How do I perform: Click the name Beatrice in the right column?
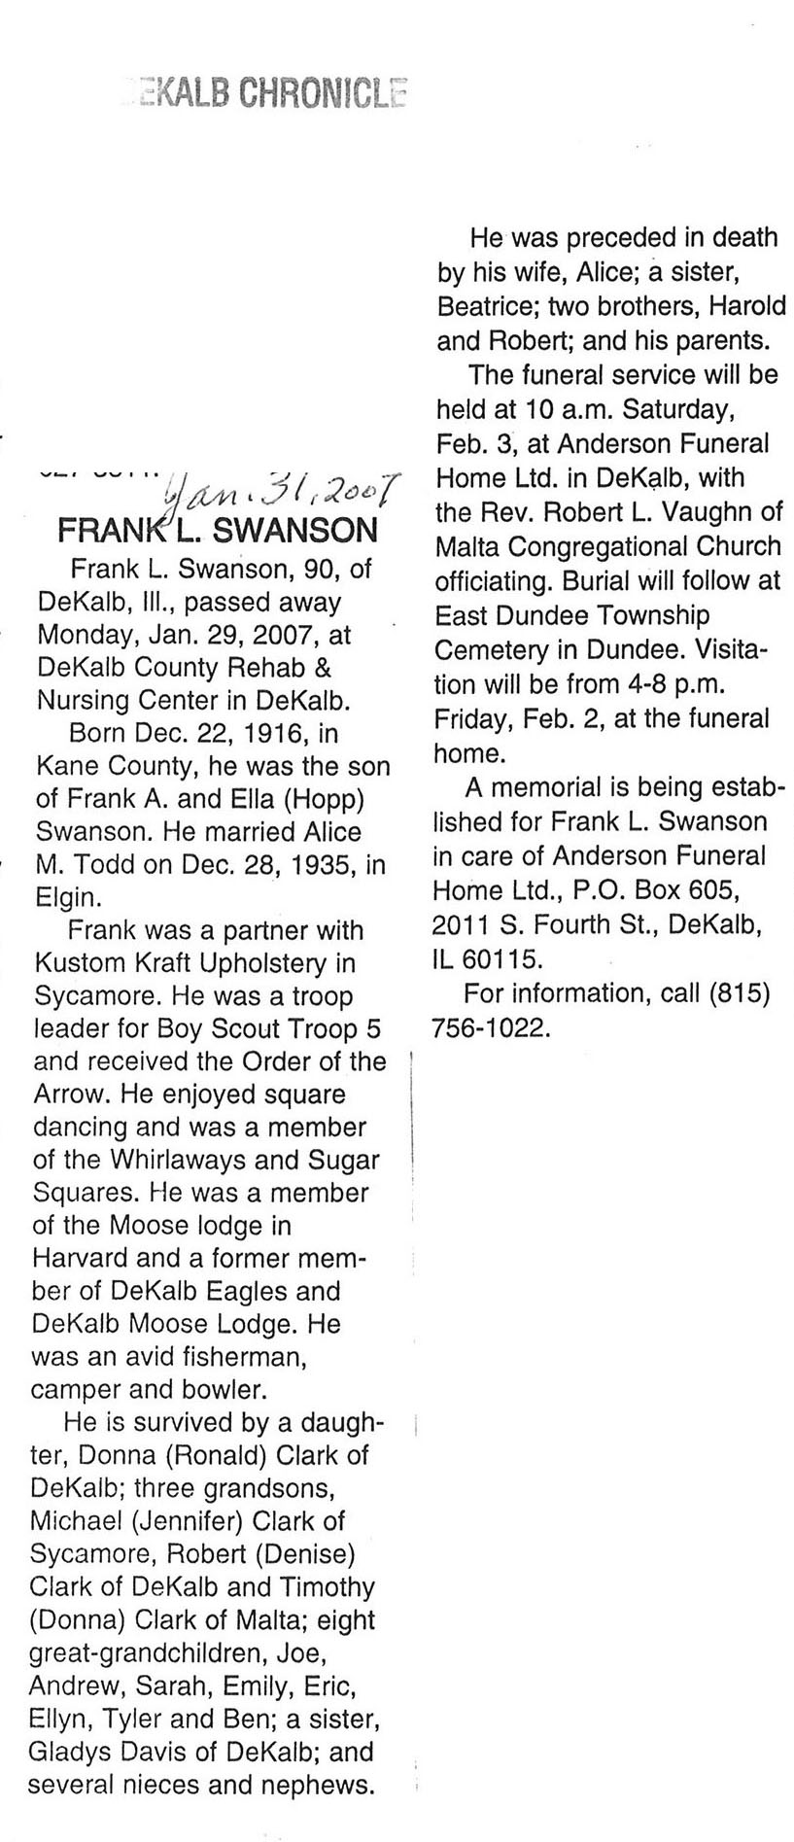[x=486, y=306]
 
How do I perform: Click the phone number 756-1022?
[x=490, y=1027]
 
